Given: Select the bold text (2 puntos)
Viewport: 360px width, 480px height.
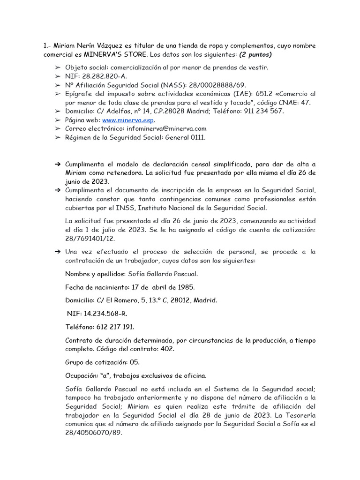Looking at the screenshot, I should coord(255,55).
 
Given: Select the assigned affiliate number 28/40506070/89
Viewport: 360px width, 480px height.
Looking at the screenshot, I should coord(93,433).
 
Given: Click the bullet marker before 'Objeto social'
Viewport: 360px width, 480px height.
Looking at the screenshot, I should coord(58,67).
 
